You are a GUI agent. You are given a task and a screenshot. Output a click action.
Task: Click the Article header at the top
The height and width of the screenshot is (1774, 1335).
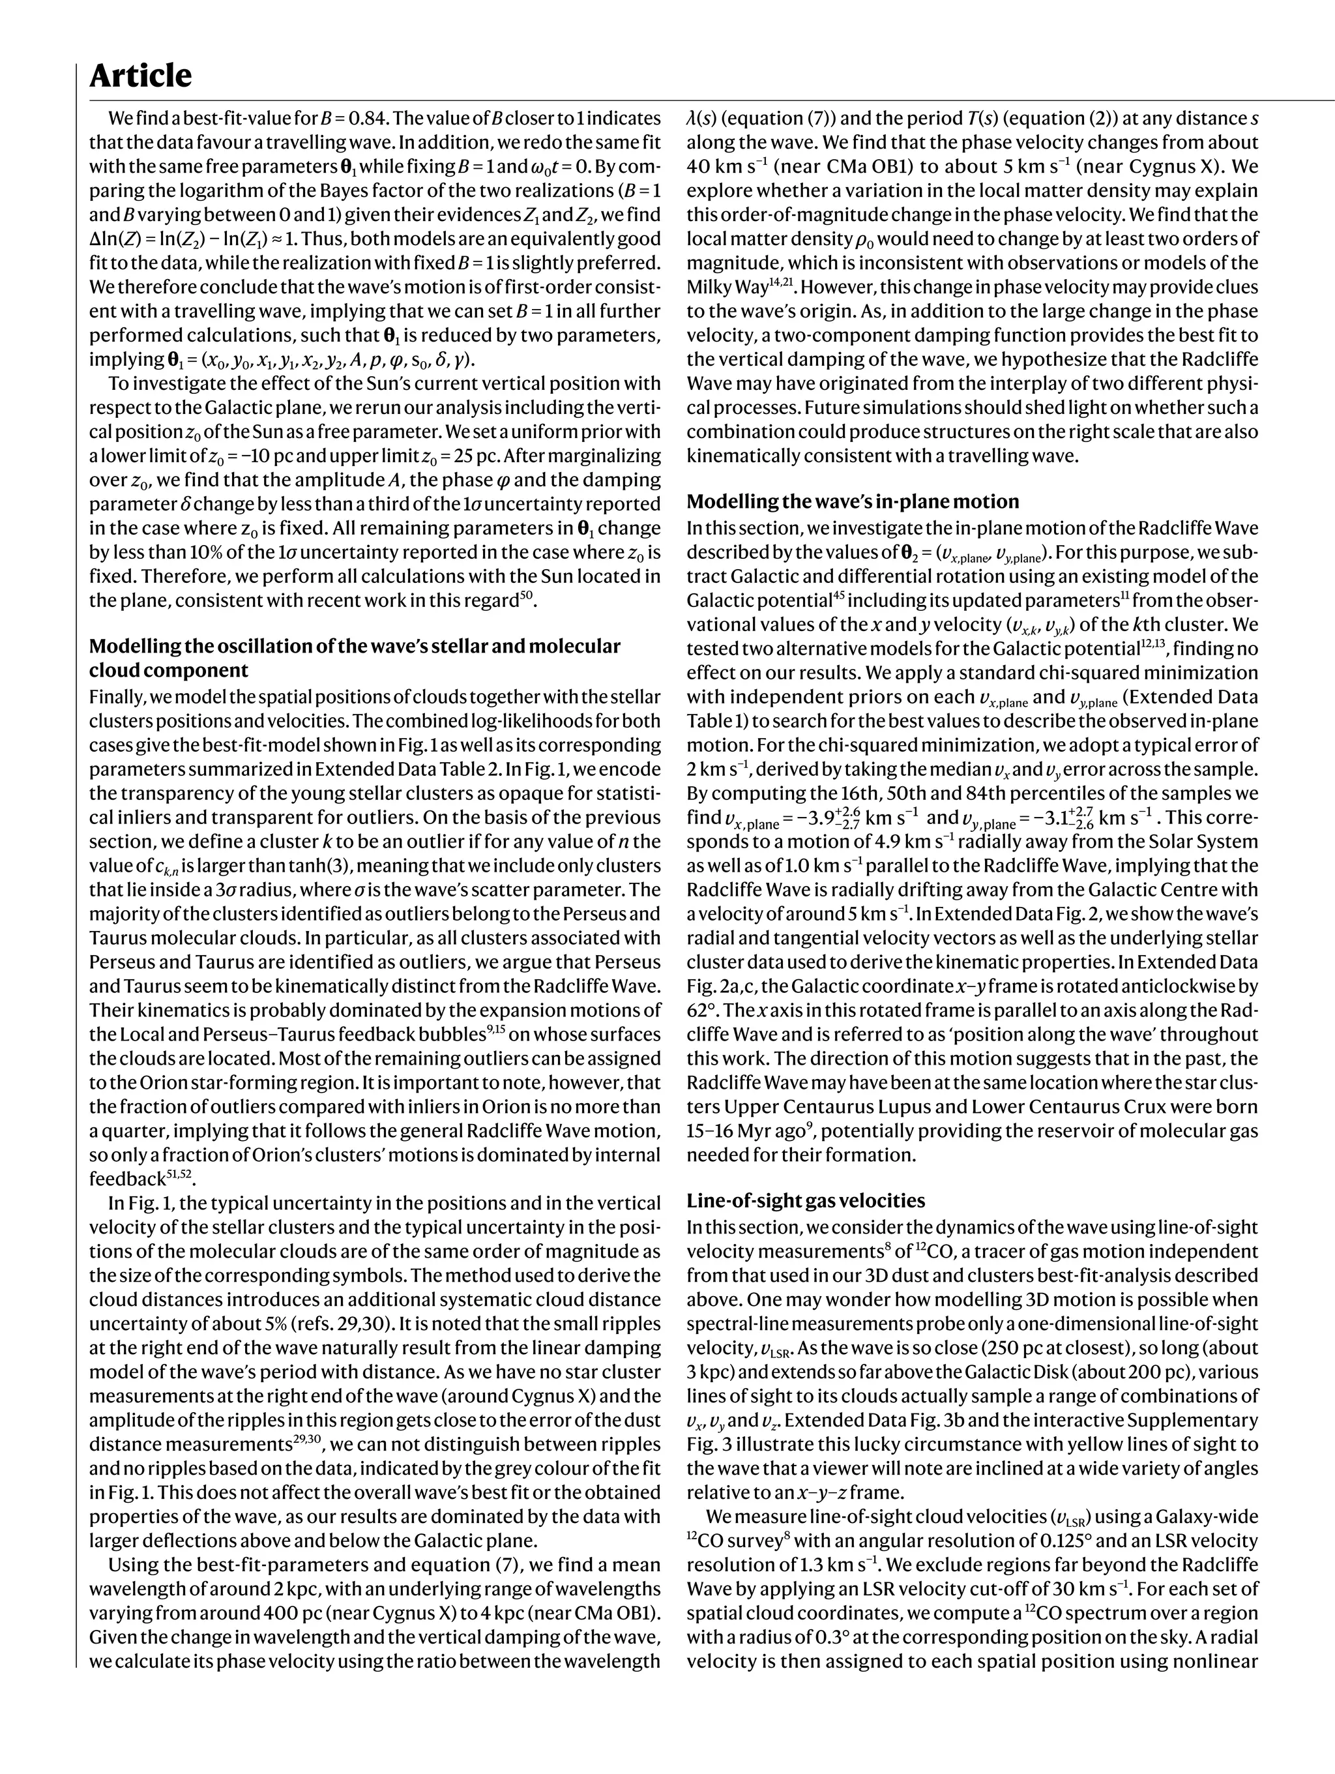click(140, 76)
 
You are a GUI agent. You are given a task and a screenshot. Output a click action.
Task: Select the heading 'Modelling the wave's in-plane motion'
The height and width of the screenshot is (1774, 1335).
click(853, 501)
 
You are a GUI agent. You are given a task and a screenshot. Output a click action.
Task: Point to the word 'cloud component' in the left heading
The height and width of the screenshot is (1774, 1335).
click(168, 670)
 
